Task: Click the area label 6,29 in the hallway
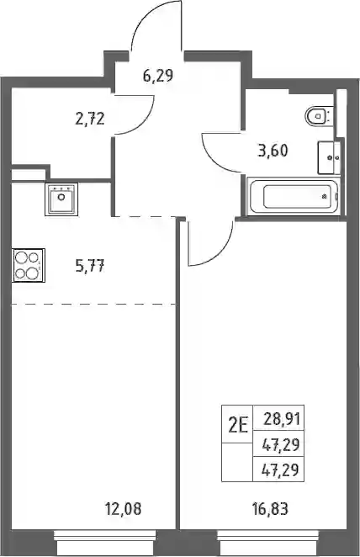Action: coord(157,76)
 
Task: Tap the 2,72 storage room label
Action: coord(90,119)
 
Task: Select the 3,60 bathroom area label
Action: coord(273,151)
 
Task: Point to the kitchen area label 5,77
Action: coord(90,266)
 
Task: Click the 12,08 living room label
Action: coord(123,509)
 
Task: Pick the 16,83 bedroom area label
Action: coord(271,509)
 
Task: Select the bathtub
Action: coord(294,196)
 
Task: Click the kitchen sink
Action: coord(61,199)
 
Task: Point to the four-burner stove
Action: coord(29,265)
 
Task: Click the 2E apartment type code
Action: coord(237,425)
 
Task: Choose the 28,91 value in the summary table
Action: coord(283,420)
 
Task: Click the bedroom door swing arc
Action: coord(222,251)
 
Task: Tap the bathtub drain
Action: coord(324,196)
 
